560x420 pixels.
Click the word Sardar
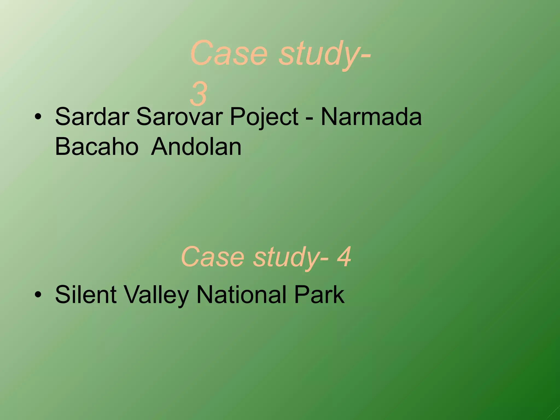[x=92, y=117]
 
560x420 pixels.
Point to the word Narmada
[x=371, y=117]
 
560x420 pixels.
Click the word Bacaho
[x=97, y=147]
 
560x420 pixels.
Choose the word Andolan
[x=196, y=147]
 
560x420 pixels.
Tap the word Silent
[x=86, y=295]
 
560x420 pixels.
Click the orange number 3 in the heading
[x=199, y=95]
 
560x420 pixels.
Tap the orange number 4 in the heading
[x=344, y=257]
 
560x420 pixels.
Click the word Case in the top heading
[x=229, y=53]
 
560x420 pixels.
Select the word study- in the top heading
[x=324, y=55]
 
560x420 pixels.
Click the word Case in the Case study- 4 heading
[x=212, y=257]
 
